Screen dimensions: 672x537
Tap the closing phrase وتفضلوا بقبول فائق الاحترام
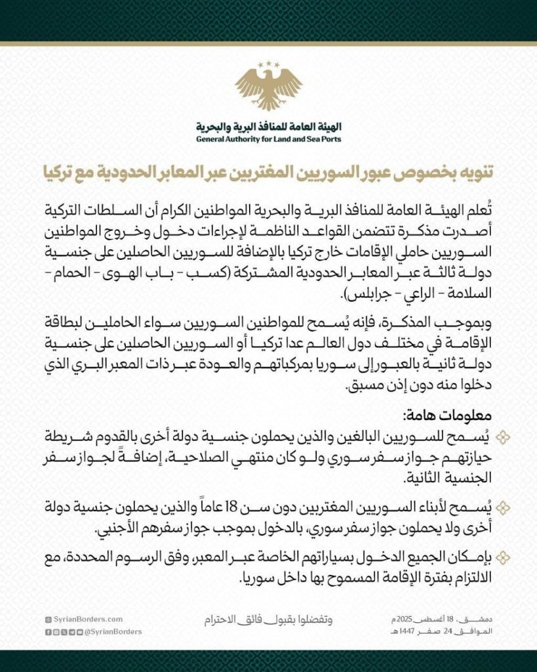[268, 619]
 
